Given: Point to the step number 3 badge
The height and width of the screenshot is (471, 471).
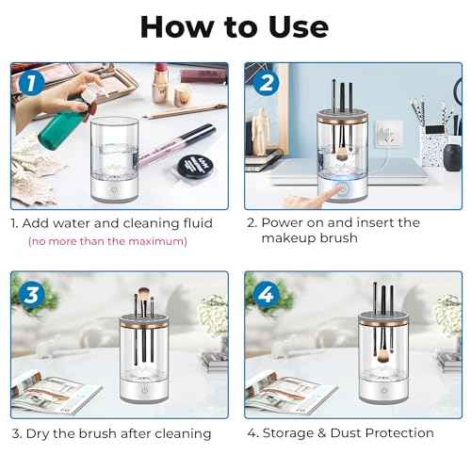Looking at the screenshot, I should coord(31,294).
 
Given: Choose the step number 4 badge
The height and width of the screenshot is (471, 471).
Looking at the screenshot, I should coord(266,294).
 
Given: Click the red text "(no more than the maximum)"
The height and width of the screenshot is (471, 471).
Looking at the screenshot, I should coord(106,242).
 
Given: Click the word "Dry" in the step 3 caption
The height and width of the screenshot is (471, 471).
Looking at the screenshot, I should coord(41,432).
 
